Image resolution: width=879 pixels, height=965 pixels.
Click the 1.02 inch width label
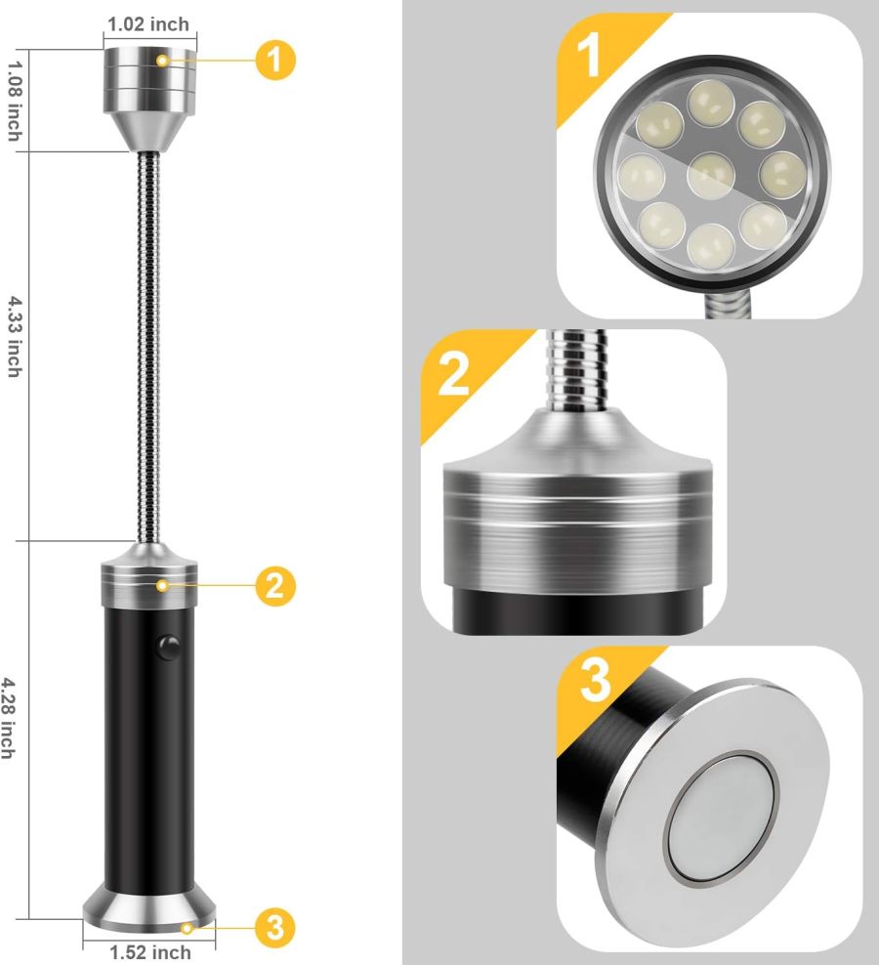149,23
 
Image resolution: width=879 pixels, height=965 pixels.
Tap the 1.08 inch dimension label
15,100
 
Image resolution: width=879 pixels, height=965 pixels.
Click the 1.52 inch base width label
149,951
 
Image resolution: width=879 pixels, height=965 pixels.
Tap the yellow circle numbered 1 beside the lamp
276,60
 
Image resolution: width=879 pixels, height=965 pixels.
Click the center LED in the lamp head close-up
711,175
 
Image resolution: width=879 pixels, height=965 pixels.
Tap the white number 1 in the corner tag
589,56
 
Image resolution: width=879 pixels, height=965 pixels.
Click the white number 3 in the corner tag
594,683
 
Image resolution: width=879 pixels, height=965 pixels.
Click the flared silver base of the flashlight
149,904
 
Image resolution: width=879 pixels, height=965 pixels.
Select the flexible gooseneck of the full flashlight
149,342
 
